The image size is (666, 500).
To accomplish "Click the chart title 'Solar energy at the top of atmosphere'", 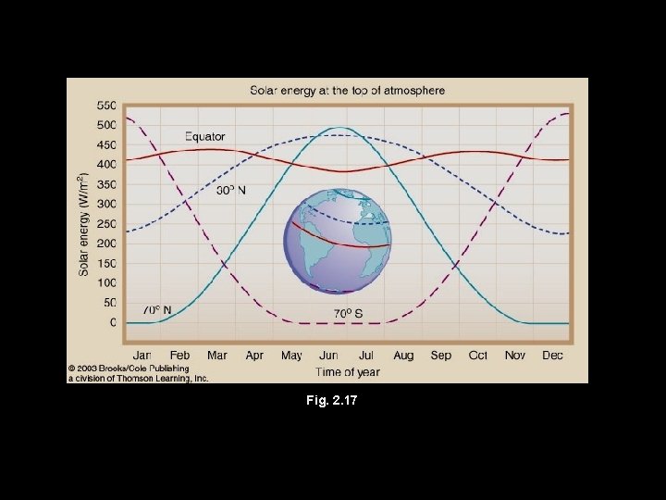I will tap(348, 91).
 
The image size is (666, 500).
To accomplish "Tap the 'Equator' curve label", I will tap(204, 137).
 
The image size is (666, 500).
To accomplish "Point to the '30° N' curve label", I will tap(231, 192).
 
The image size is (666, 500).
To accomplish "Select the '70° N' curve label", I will tap(155, 309).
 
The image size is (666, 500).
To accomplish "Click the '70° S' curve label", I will tap(348, 313).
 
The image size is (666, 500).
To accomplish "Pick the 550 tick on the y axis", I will tap(106, 106).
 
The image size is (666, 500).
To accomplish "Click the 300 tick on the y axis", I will tap(106, 205).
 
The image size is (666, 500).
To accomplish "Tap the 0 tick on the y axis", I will tap(113, 323).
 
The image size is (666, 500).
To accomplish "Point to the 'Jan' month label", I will tap(142, 355).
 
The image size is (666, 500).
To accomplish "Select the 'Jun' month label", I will tap(328, 355).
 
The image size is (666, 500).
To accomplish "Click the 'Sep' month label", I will tap(440, 355).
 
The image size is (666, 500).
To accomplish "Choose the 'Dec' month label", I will tap(552, 355).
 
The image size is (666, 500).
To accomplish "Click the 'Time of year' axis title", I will tap(348, 372).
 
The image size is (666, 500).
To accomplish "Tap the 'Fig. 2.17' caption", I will tap(334, 402).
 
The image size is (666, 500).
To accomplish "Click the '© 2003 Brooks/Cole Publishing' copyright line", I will tap(128, 369).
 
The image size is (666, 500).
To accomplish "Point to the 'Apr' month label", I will tap(254, 355).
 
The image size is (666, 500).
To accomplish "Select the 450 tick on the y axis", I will tap(106, 145).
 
